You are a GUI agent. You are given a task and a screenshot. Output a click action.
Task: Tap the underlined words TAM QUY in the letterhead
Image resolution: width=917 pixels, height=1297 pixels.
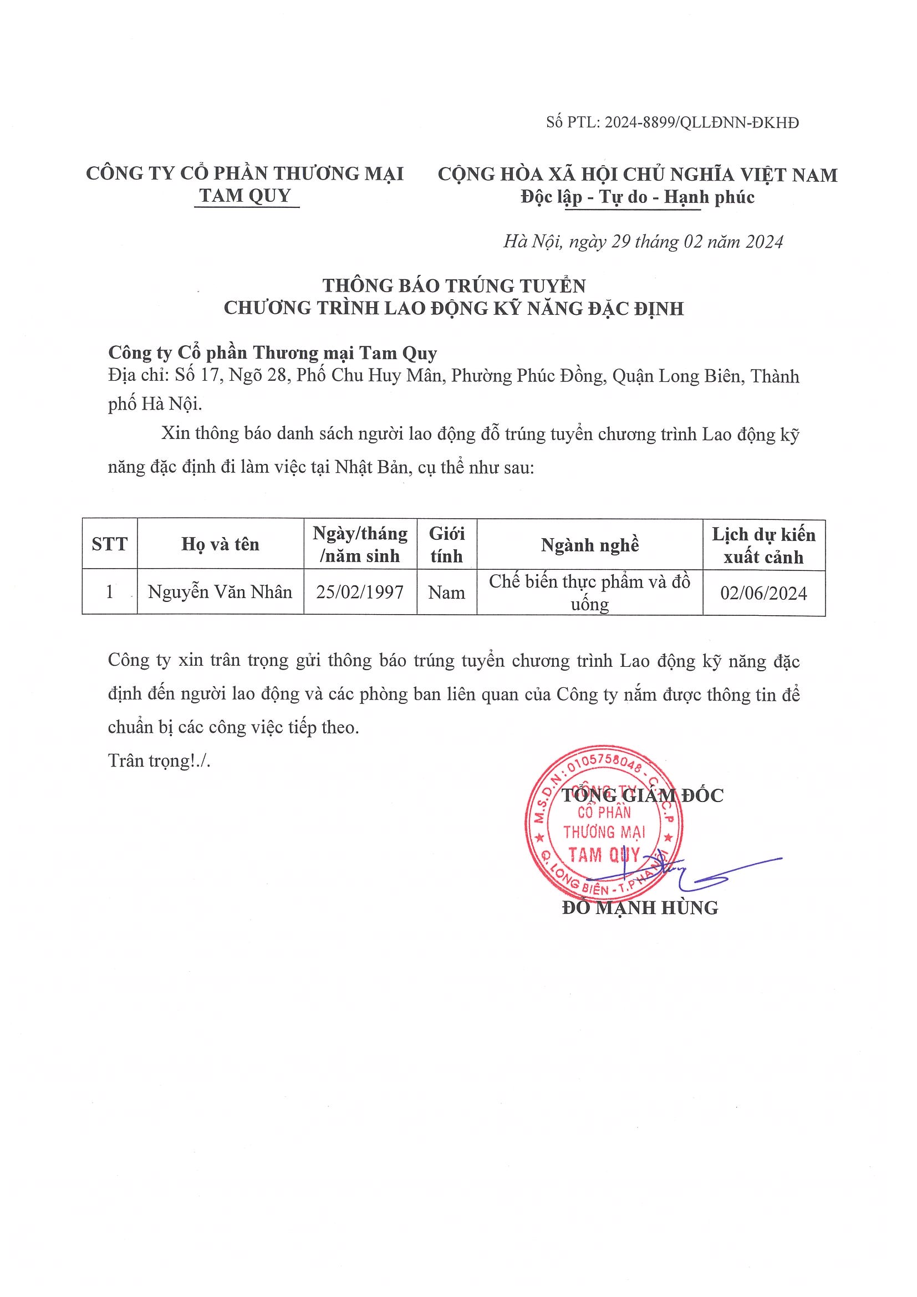tap(246, 196)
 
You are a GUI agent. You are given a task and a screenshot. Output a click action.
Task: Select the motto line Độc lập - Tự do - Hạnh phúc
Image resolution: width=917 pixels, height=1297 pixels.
tap(638, 197)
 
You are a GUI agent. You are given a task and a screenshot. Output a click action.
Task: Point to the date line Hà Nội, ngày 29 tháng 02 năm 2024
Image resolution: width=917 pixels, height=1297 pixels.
tap(643, 242)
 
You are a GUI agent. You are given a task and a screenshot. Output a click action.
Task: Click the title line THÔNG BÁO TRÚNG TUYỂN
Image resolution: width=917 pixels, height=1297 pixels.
tap(454, 285)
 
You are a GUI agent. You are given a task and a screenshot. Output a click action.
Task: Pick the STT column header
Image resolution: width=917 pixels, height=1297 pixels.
tap(110, 544)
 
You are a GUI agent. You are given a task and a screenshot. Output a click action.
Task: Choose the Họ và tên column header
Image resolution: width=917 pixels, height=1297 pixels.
tap(220, 544)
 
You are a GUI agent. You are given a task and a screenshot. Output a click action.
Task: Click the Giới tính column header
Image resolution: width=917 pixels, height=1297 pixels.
tap(446, 544)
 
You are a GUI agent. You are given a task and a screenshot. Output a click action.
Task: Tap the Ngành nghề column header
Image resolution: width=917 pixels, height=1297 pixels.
tap(590, 544)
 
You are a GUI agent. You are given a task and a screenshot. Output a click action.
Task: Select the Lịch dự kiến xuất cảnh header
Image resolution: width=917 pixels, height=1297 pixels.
tap(763, 545)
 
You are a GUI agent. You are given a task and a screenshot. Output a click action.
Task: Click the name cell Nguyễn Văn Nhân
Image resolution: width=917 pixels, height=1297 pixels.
tap(220, 592)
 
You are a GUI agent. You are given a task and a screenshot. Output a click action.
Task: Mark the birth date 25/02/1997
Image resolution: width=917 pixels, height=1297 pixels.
tap(360, 592)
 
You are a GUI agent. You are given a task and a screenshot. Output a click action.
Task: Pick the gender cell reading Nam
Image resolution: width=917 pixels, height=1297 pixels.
tap(446, 593)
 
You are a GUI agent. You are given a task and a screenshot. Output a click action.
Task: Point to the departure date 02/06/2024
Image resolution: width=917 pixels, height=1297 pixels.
tap(763, 593)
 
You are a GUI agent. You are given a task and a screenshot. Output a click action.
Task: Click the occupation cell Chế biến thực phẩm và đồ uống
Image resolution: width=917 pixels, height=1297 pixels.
tap(590, 593)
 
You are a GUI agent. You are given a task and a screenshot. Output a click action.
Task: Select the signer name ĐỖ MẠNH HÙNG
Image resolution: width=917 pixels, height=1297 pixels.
tap(640, 908)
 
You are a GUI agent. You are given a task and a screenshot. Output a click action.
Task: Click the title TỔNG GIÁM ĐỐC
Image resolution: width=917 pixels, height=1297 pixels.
tap(643, 795)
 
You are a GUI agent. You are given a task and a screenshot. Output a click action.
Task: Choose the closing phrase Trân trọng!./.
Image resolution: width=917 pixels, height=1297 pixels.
tap(159, 761)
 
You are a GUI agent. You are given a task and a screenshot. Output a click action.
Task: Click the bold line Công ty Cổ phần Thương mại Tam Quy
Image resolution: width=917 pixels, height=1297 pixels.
tap(272, 353)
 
